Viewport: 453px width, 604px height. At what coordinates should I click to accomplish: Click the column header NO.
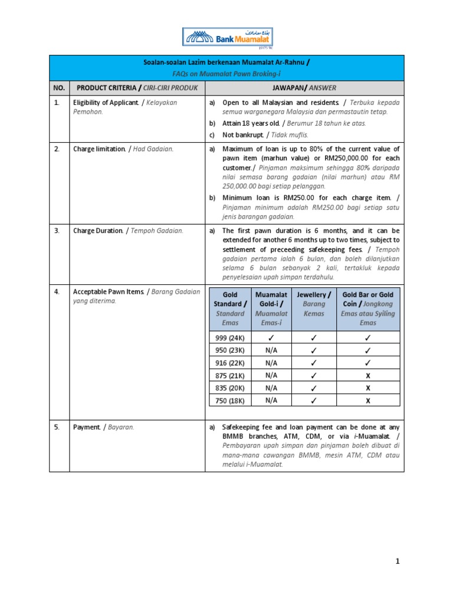[x=58, y=88]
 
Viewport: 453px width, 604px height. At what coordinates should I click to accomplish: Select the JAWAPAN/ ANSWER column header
[x=304, y=88]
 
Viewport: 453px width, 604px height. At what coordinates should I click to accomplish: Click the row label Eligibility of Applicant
[x=105, y=103]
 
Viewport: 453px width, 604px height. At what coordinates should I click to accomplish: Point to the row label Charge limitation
[x=99, y=149]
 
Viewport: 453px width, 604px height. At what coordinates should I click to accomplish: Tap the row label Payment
[x=86, y=427]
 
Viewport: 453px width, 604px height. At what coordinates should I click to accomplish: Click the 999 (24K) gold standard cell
[x=230, y=338]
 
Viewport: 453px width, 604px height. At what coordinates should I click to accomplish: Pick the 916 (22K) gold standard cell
[x=230, y=363]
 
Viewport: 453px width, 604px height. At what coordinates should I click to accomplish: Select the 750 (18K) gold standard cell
[x=230, y=401]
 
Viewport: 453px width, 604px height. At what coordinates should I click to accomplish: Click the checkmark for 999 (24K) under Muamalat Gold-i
[x=271, y=338]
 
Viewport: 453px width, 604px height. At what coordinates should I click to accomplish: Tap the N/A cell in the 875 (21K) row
[x=271, y=375]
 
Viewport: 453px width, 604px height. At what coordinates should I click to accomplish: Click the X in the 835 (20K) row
[x=367, y=388]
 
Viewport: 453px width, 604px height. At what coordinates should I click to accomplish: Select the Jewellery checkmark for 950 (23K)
[x=314, y=350]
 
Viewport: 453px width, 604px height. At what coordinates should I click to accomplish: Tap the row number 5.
[x=57, y=427]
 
